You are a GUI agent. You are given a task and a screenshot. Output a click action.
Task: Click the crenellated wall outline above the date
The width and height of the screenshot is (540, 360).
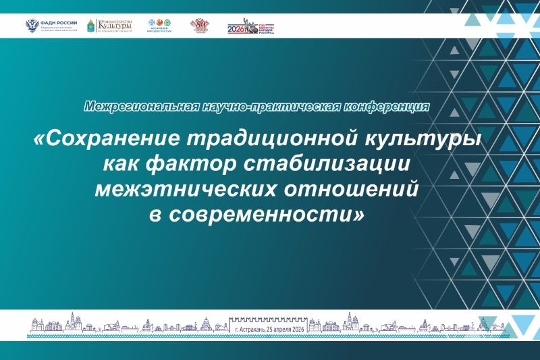(x=270, y=319)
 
